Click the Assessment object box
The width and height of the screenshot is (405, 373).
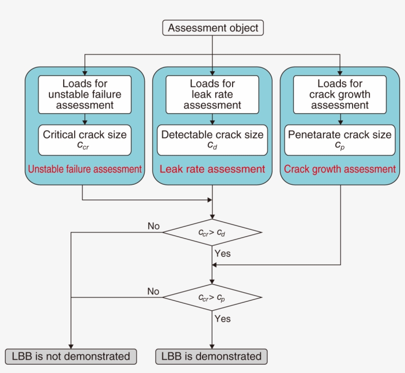click(212, 28)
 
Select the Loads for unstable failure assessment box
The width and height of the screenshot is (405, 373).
click(85, 94)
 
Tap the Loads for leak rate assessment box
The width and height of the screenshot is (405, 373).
click(212, 94)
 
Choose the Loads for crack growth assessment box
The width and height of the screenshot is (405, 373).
click(340, 94)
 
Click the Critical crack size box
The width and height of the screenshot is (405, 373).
click(85, 139)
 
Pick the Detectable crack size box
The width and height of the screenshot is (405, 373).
click(212, 139)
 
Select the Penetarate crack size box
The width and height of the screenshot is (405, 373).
click(340, 139)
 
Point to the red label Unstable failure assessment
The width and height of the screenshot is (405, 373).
click(85, 169)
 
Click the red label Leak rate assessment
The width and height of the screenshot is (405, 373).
click(212, 169)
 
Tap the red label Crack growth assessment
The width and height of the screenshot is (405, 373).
click(340, 169)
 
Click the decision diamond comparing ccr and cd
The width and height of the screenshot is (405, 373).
click(212, 232)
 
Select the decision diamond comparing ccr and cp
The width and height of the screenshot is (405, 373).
click(212, 297)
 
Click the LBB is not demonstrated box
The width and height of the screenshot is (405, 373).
click(71, 356)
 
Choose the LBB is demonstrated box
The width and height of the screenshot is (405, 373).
click(211, 356)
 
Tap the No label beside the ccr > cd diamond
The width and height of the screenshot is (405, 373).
click(154, 226)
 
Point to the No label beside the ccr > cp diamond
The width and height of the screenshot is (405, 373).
click(154, 291)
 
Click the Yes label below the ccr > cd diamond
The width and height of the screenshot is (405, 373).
click(222, 253)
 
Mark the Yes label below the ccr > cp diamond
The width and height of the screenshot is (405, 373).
click(222, 319)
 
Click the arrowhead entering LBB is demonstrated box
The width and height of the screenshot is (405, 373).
click(212, 346)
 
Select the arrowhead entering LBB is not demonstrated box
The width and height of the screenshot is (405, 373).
click(71, 346)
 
